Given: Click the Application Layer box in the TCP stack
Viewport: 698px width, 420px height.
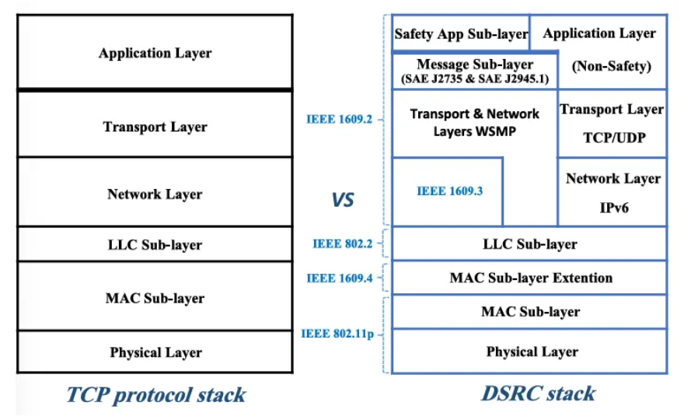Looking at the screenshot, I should [155, 53].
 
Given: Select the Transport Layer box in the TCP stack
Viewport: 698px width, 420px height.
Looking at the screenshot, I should [155, 125].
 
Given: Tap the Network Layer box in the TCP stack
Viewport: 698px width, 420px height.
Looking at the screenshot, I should [155, 194].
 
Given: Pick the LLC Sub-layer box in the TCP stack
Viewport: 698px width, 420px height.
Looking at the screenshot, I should [155, 245].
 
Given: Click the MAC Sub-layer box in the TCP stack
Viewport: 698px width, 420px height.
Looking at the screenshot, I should [155, 298].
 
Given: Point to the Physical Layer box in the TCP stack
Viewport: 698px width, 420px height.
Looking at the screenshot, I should [155, 352].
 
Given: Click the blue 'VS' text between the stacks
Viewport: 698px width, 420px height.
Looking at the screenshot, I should [343, 200].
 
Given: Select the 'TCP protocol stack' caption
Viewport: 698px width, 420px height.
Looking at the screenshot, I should [156, 394].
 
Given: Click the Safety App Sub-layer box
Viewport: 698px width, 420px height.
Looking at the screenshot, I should [461, 33].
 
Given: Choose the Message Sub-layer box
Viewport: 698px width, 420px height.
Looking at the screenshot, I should [474, 71].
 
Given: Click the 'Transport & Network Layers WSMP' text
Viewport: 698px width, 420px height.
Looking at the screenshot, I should [474, 123].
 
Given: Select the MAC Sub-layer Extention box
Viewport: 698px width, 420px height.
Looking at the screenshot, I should [530, 278].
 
